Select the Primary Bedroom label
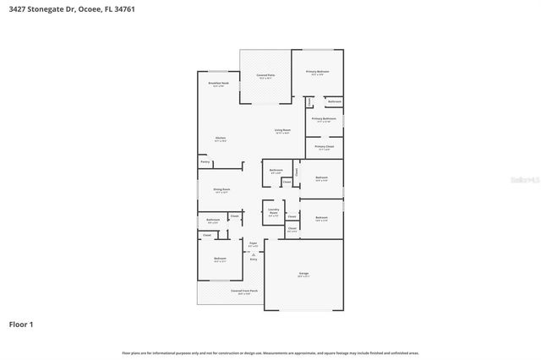(x=317, y=72)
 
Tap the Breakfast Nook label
(x=218, y=84)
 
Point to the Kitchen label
(x=220, y=138)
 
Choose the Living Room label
(x=281, y=130)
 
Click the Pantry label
(x=205, y=161)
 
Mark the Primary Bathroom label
(x=324, y=119)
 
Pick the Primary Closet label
(x=324, y=147)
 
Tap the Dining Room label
(x=221, y=190)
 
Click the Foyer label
(x=253, y=243)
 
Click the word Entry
(x=253, y=260)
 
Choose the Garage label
(x=303, y=274)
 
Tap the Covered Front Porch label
(x=244, y=291)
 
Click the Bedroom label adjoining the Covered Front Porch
(x=220, y=259)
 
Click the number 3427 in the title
(x=19, y=8)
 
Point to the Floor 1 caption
(x=20, y=323)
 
